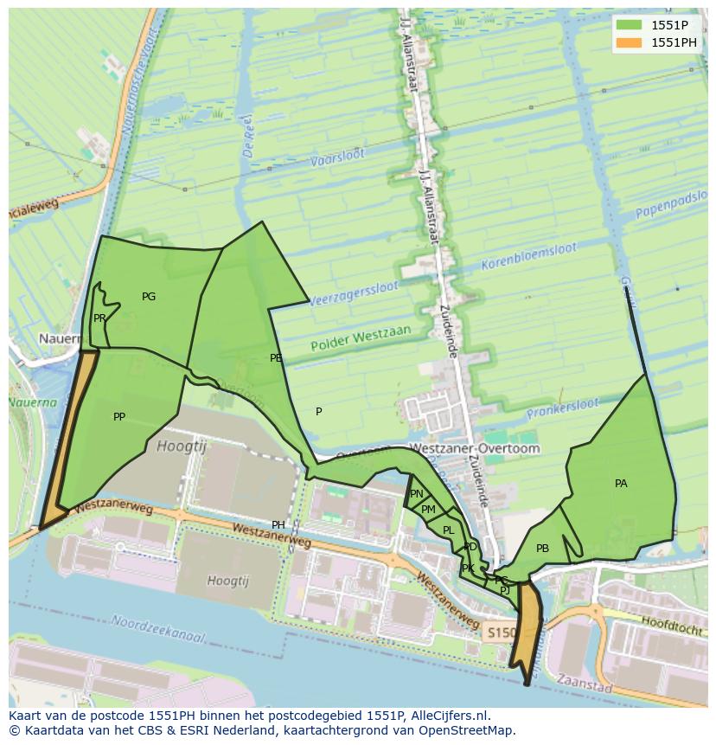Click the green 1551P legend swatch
629,24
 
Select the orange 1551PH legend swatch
629,42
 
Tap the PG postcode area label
149,297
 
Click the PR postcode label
99,318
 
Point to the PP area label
119,417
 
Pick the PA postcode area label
621,484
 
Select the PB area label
542,549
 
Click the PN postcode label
417,494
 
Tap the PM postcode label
428,510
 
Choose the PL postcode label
448,530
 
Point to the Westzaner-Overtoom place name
474,449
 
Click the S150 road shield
499,633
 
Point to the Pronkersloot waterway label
566,405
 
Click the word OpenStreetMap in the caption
470,730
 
